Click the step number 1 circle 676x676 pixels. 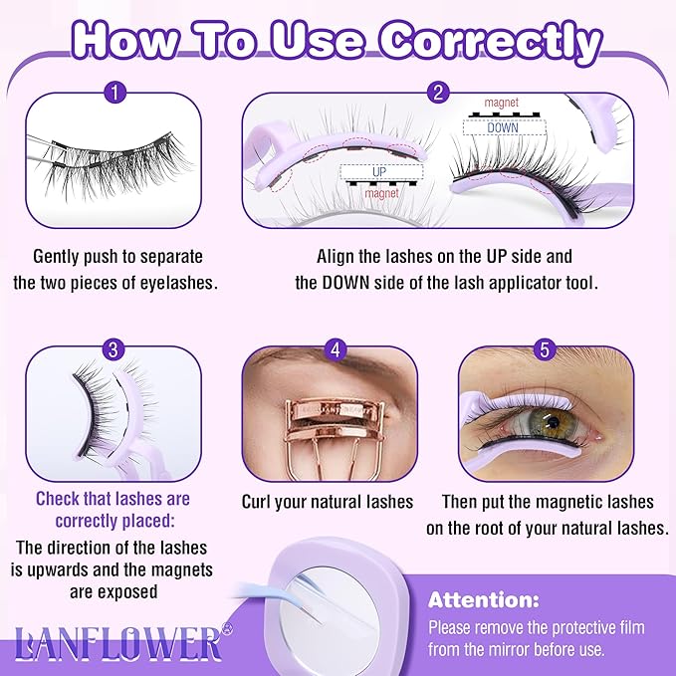(116, 94)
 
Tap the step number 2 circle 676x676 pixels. (436, 94)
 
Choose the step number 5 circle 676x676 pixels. (544, 348)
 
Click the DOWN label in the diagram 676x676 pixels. (501, 128)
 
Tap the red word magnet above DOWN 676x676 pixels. (502, 103)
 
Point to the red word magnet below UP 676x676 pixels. (381, 194)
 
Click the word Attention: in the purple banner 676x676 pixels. (484, 601)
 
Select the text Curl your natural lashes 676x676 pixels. (327, 502)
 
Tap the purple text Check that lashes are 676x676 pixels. (113, 498)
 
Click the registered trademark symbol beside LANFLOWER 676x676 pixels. (227, 629)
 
